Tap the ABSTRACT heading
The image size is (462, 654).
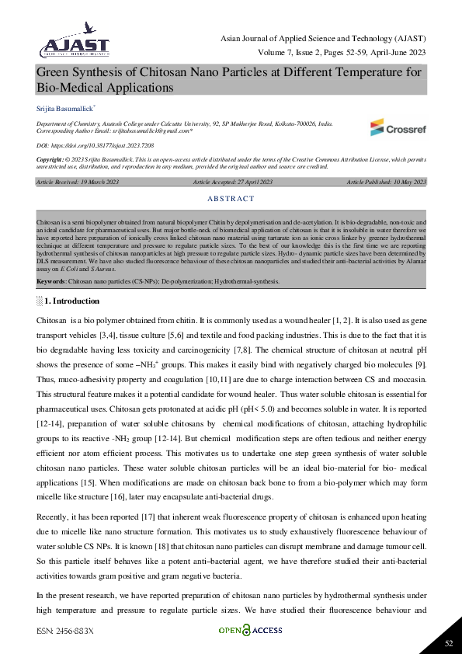(x=231, y=199)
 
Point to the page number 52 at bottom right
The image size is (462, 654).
(x=448, y=642)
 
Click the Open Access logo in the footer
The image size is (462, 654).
(x=250, y=630)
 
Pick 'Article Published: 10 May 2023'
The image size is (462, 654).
(x=386, y=182)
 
